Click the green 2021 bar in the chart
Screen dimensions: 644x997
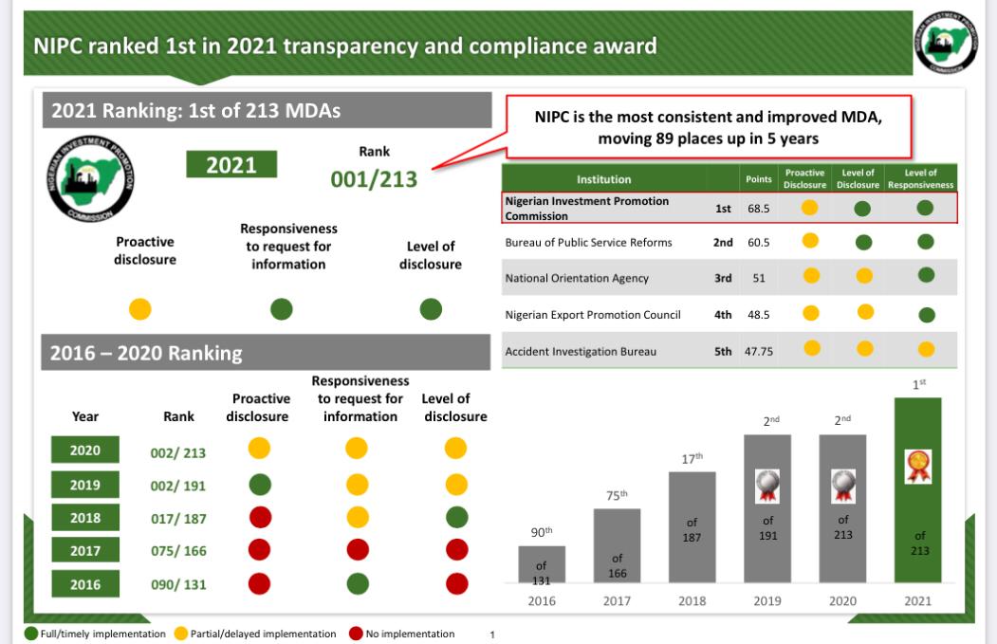[917, 512]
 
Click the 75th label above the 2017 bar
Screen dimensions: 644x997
[617, 495]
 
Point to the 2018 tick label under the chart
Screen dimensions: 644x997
[692, 600]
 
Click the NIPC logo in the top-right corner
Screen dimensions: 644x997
[945, 44]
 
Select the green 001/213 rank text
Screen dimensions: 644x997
[374, 179]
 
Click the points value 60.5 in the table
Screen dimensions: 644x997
[758, 242]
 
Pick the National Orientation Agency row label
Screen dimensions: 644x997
[577, 278]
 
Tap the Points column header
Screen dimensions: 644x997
[758, 178]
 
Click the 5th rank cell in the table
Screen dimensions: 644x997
[723, 351]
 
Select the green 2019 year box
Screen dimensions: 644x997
[84, 485]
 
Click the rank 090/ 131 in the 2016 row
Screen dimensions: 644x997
[178, 584]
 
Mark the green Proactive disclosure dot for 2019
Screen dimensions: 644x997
[259, 484]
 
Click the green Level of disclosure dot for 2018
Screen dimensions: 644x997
[456, 517]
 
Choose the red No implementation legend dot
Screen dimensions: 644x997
[357, 634]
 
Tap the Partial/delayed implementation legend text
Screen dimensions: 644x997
[263, 634]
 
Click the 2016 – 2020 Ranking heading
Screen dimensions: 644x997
[146, 354]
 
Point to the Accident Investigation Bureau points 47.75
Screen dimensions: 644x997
[758, 351]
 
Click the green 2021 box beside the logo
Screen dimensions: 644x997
[231, 164]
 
